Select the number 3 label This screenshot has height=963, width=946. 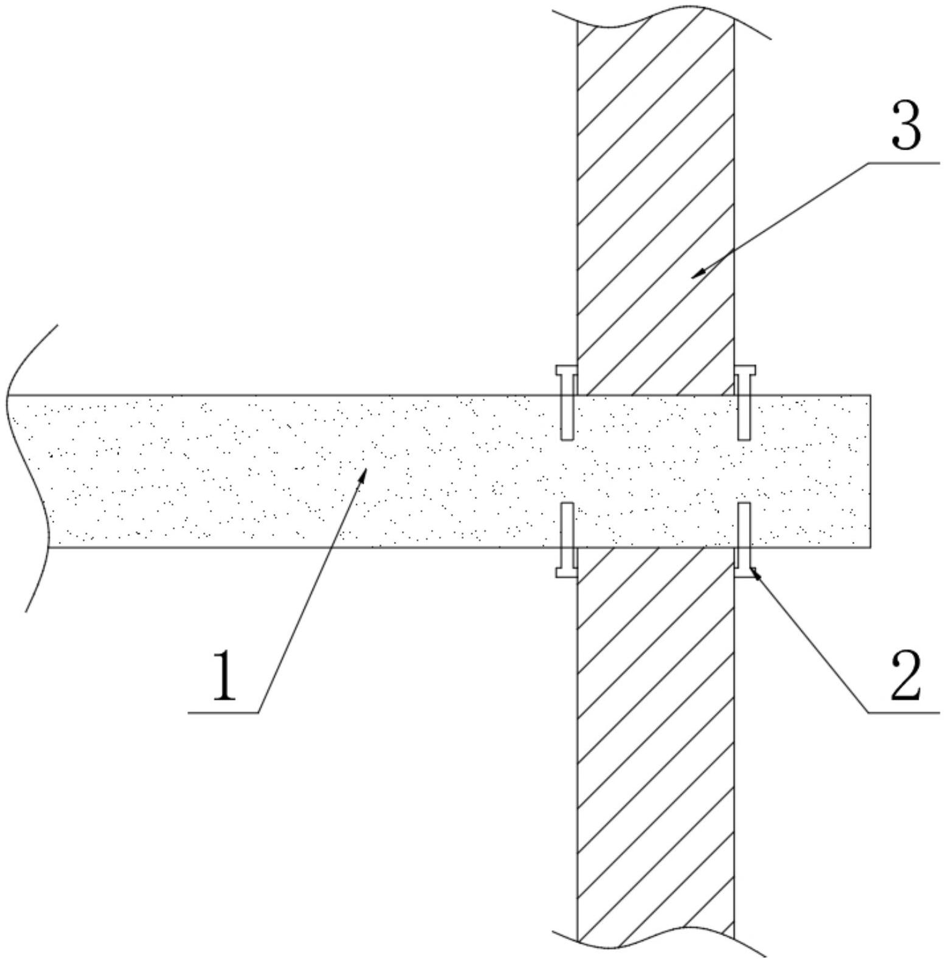click(906, 126)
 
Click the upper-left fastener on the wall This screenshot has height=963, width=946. click(567, 402)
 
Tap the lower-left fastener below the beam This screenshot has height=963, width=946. click(567, 539)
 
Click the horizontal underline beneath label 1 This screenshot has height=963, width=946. click(224, 712)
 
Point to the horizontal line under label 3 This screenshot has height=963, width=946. click(903, 163)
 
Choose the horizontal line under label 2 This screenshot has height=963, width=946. click(903, 712)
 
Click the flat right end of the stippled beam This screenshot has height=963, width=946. click(870, 471)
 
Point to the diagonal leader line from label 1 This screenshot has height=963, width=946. click(310, 593)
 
